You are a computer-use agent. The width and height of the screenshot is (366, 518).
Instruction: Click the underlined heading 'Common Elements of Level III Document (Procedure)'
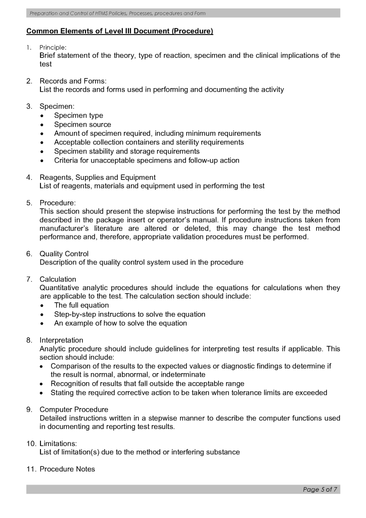tap(119, 31)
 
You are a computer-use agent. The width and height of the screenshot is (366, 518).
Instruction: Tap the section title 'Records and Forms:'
tap(73, 81)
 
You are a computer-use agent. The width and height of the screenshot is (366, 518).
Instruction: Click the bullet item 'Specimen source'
tap(82, 125)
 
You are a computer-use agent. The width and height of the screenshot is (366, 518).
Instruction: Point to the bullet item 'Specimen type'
tap(78, 115)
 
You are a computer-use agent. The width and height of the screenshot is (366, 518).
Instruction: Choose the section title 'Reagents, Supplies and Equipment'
tap(98, 177)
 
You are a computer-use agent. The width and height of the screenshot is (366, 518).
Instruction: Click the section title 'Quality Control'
tap(64, 254)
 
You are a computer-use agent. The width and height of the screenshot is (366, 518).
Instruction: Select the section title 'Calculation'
tap(58, 279)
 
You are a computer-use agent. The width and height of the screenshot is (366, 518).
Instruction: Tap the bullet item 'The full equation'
tap(81, 305)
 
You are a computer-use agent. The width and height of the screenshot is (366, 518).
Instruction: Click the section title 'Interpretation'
tap(61, 340)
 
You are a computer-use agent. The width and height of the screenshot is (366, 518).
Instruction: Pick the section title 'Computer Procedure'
tap(74, 409)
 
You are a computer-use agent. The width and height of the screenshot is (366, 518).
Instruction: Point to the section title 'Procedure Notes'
tap(67, 469)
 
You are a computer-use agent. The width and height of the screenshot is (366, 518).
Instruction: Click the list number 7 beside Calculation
tap(29, 279)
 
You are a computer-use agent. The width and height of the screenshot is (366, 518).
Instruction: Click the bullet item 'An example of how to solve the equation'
tap(120, 323)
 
